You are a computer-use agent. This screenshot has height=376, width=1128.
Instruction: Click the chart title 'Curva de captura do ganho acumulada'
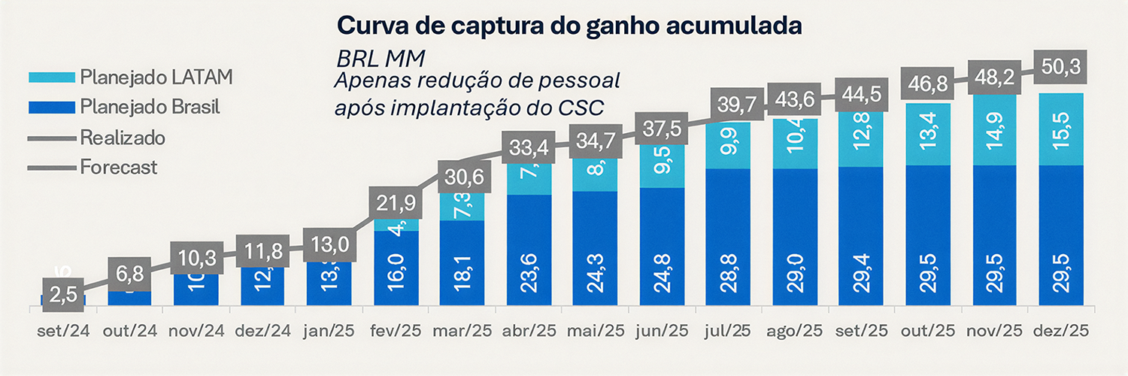[x=569, y=25]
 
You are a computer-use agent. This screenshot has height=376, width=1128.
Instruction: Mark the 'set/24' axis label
[x=64, y=332]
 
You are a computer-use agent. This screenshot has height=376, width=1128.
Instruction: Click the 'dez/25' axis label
[x=1062, y=332]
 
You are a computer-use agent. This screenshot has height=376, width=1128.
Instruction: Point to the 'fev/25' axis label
[x=396, y=332]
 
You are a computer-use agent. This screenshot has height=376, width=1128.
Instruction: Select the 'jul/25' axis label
[x=729, y=332]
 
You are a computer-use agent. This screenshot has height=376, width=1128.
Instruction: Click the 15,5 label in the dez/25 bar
[x=1063, y=129]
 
